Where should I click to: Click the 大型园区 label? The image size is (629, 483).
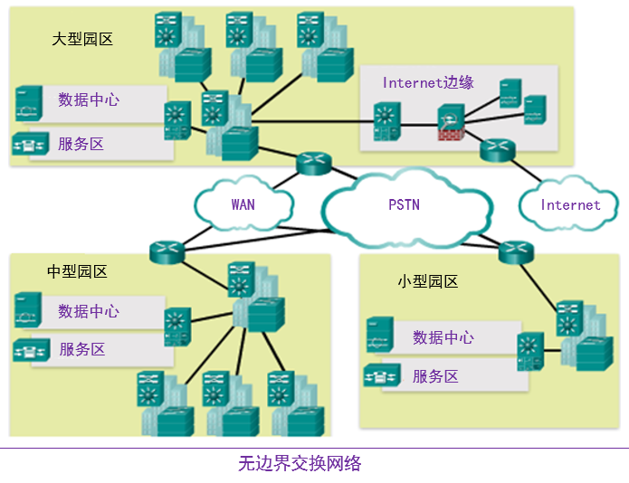82,40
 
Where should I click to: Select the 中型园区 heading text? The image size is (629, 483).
77,271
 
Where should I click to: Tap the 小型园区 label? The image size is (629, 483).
428,281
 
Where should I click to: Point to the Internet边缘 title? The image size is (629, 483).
428,82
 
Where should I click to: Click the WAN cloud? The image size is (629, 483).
243,204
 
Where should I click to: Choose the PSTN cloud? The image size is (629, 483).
404,205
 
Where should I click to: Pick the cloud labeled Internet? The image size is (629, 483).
570,205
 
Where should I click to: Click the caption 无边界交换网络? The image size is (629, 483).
300,464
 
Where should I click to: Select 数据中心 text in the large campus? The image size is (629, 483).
89,99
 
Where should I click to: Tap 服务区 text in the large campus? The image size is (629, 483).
81,144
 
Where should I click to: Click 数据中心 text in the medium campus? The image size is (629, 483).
89,311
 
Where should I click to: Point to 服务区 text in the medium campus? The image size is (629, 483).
82,349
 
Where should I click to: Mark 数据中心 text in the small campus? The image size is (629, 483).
443,337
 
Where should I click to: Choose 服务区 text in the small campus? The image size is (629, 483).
435,376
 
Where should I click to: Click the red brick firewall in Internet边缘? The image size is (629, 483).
450,136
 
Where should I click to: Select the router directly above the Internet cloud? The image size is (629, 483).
497,150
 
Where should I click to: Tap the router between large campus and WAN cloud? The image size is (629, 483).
314,164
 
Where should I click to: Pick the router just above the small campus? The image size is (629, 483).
516,251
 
